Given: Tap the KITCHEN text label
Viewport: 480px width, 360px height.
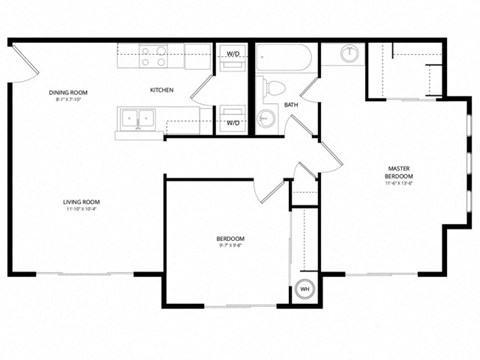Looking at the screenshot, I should (162, 90).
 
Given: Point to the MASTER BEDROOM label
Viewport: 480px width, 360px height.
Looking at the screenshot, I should (398, 171).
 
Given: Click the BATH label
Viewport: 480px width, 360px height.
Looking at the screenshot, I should (290, 105).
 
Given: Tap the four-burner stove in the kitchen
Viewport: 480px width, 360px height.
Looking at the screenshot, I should (153, 57).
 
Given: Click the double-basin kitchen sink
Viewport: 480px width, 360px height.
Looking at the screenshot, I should (135, 120).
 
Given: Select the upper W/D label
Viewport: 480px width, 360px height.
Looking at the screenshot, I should (233, 53).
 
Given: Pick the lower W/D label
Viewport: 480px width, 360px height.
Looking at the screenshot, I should (233, 123).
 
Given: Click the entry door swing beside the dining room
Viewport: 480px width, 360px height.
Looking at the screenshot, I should (22, 62).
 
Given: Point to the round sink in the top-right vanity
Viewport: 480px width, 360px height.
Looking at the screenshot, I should (350, 55).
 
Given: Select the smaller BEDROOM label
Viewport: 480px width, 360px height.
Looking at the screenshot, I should (230, 237).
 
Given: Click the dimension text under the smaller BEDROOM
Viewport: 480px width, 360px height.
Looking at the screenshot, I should (230, 245).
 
